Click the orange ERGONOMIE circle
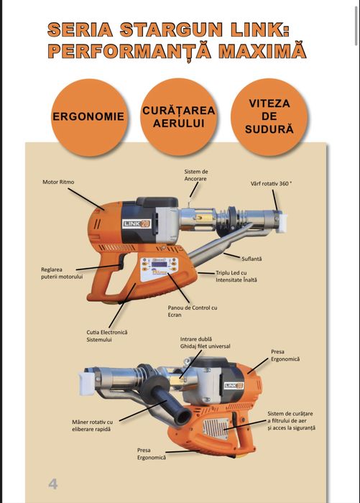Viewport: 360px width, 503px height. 87,116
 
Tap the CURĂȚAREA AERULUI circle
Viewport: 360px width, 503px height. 178,116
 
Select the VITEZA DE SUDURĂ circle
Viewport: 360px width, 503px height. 270,116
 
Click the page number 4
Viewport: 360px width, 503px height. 53,483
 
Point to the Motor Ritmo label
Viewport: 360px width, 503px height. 59,182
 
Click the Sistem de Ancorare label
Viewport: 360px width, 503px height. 196,175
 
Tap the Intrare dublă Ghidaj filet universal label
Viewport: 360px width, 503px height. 205,341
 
